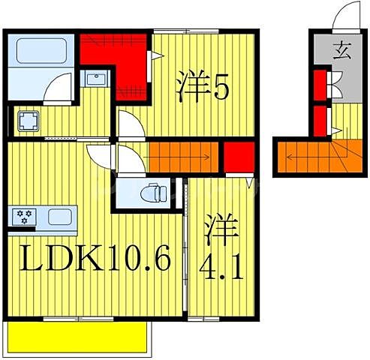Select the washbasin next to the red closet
tap(97, 79)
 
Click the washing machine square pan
tap(29, 121)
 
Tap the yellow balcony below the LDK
tap(78, 337)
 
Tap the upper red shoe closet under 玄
tap(320, 84)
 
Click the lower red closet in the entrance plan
tap(320, 119)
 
